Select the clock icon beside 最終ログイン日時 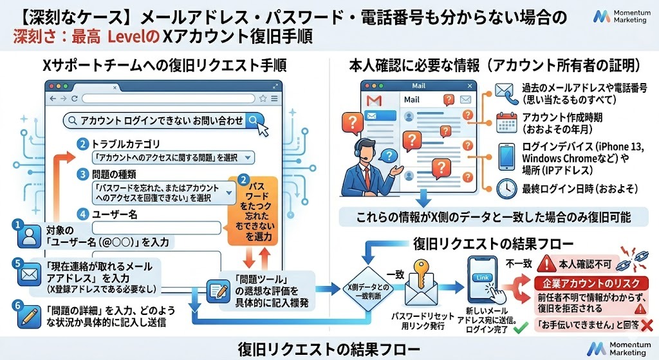click(505, 188)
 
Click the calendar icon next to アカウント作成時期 click(505, 122)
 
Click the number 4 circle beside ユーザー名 click(82, 214)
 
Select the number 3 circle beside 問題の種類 click(82, 174)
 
